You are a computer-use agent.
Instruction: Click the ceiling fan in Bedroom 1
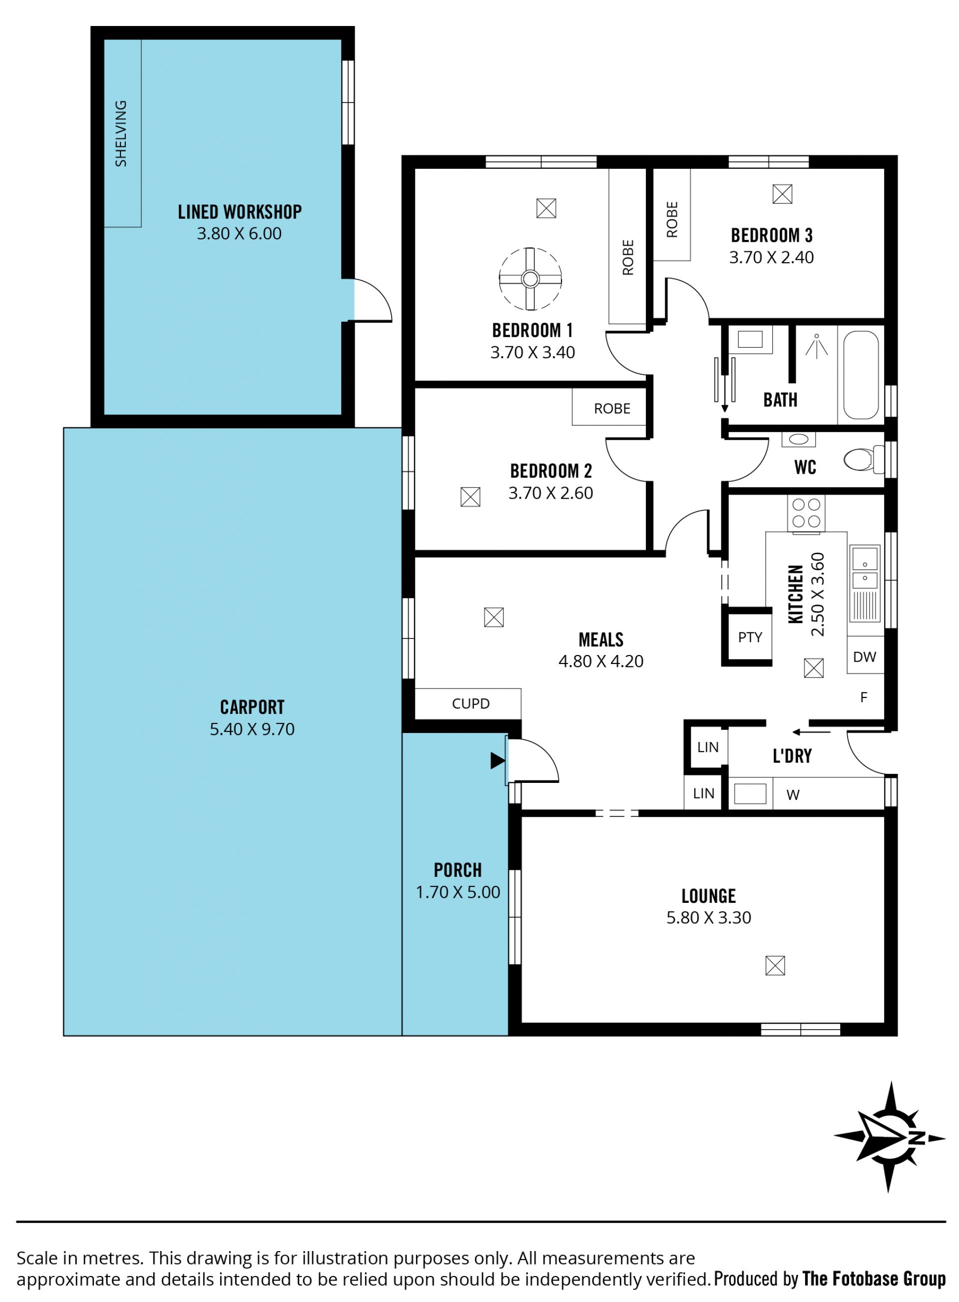coord(530,279)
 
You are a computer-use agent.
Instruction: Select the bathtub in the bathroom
coord(861,375)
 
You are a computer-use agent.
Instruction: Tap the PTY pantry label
coord(750,638)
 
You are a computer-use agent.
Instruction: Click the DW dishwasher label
coord(865,657)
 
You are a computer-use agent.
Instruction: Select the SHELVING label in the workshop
coord(121,133)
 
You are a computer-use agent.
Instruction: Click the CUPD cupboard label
coord(471,704)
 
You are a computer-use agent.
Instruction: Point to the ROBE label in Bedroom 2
coord(612,409)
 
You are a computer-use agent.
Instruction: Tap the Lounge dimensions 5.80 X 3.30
coord(708,918)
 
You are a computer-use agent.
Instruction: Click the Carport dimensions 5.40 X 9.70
coord(252,729)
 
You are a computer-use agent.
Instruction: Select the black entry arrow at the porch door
coord(497,761)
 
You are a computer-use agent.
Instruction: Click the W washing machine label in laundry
coord(793,795)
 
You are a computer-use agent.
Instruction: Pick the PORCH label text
coord(458,870)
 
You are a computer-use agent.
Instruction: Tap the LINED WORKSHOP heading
coord(240,212)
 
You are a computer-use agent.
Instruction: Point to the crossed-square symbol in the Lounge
coord(775,966)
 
